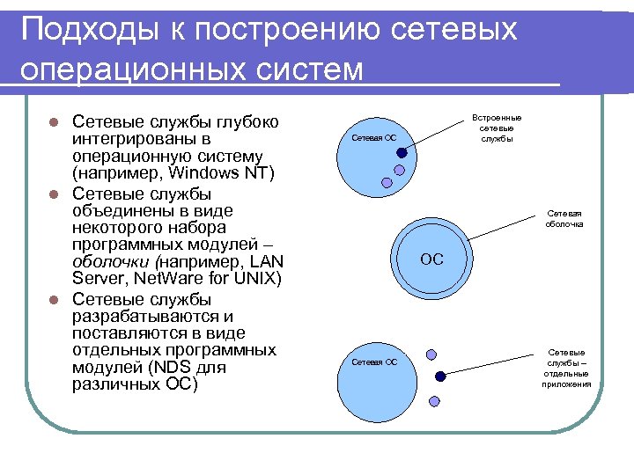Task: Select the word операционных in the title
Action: [120, 69]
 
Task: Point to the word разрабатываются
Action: [139, 315]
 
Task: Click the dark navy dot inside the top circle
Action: [402, 152]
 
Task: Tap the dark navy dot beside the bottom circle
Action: [440, 376]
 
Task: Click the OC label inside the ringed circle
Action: [431, 259]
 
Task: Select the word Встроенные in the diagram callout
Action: [497, 117]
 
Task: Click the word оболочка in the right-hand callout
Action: [564, 224]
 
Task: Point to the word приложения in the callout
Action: [565, 384]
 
